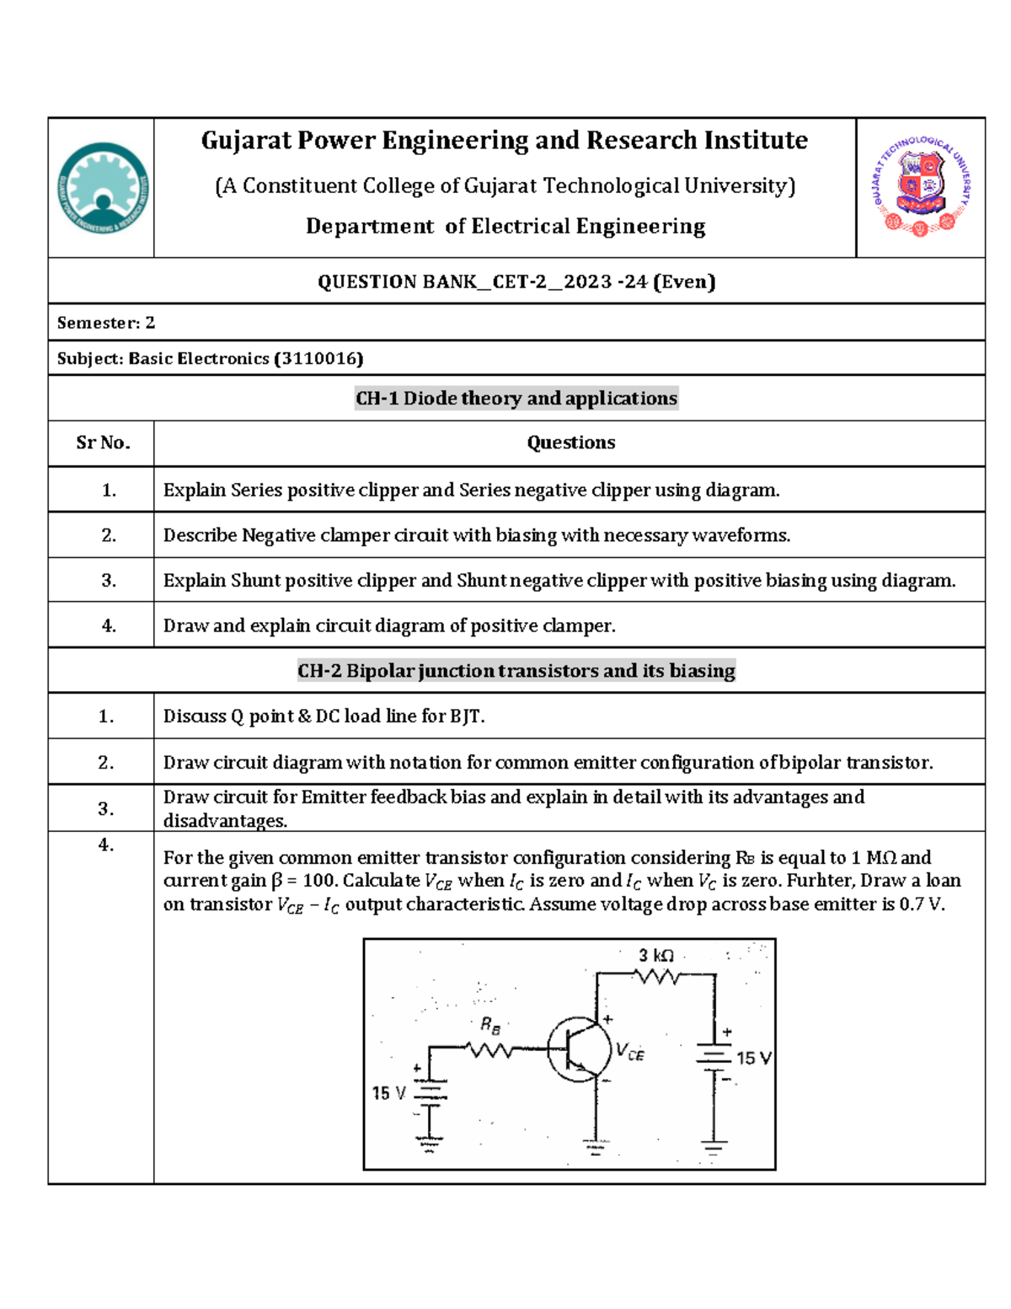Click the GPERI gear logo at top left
[x=102, y=187]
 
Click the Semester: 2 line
[x=106, y=323]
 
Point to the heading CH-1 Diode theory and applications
[x=516, y=399]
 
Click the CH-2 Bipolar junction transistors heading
[x=516, y=671]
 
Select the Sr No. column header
[x=103, y=443]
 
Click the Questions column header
[x=570, y=443]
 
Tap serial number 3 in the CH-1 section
[x=109, y=581]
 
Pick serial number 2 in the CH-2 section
[x=106, y=763]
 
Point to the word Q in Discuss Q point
[x=237, y=716]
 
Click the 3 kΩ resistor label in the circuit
[x=655, y=956]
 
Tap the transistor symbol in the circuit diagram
[x=579, y=1049]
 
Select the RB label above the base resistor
[x=490, y=1026]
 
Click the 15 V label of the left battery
[x=388, y=1093]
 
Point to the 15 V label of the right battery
[x=753, y=1059]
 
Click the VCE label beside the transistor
[x=629, y=1052]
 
